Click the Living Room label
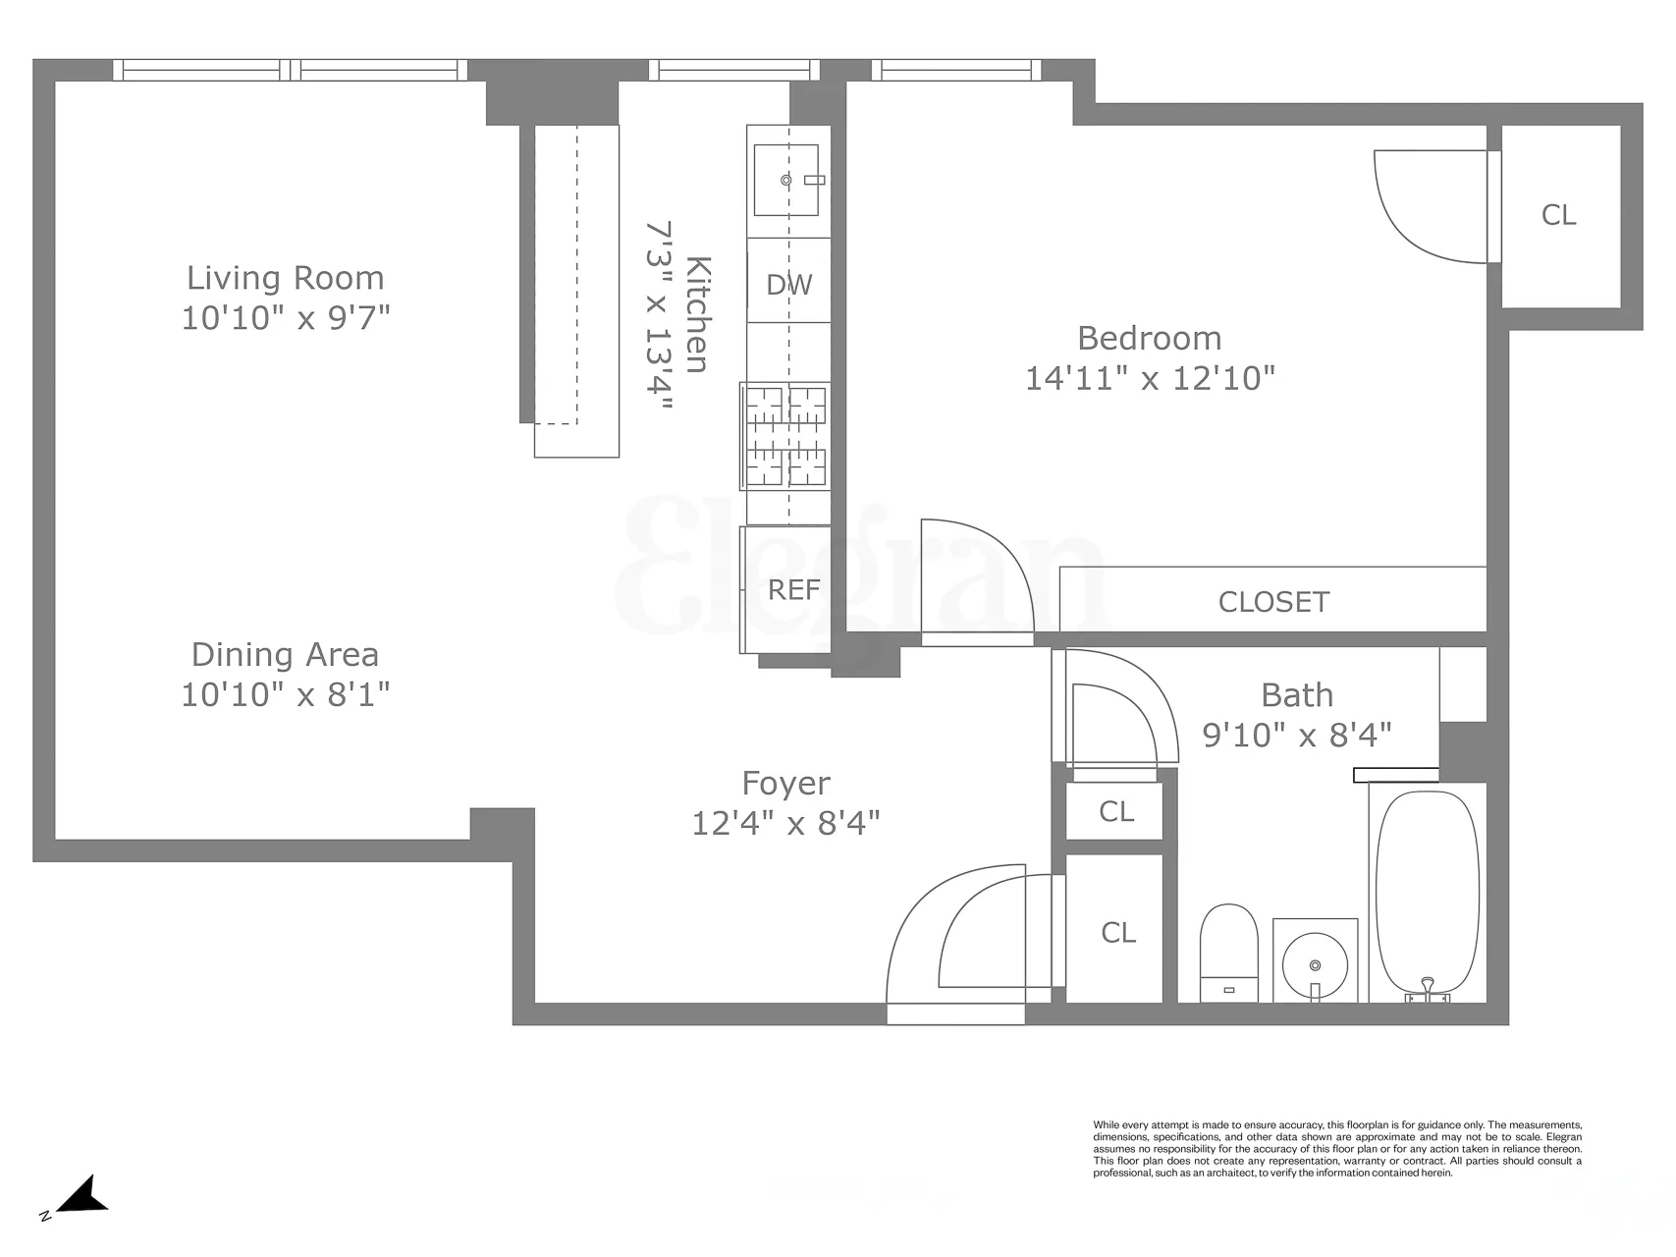(x=285, y=278)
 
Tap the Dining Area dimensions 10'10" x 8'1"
(x=285, y=695)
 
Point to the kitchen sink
(x=785, y=180)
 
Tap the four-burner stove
(x=785, y=436)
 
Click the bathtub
(x=1427, y=894)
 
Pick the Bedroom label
(x=1150, y=338)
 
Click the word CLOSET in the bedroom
(x=1273, y=602)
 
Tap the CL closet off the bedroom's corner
(x=1559, y=215)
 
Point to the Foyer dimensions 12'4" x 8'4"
(x=785, y=823)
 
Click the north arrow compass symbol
(x=82, y=1197)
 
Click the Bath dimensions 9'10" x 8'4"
(x=1297, y=735)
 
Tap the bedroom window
(x=956, y=69)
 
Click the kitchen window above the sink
(x=733, y=69)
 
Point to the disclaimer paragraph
(x=1337, y=1149)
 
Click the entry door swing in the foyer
(x=957, y=943)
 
